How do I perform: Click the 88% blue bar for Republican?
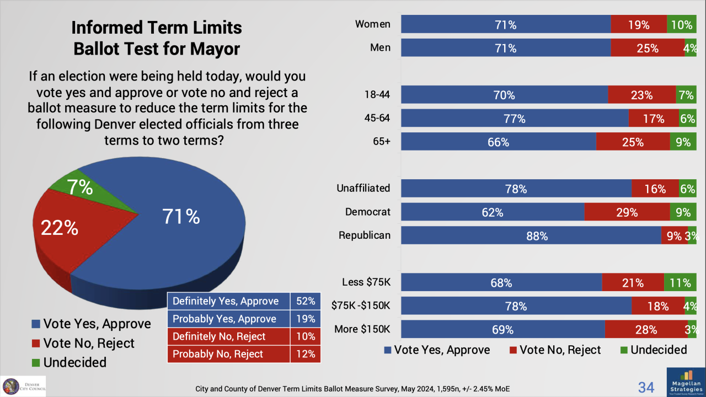(531, 235)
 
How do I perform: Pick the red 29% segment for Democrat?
(627, 212)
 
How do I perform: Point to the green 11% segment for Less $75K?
(680, 283)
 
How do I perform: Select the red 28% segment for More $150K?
(646, 330)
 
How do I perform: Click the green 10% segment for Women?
(682, 24)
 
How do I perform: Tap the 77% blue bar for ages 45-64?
(514, 118)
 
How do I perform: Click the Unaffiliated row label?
(363, 188)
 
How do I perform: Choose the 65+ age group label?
(380, 141)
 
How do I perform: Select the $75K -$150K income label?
(361, 306)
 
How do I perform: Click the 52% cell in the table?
(305, 301)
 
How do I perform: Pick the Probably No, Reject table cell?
(228, 354)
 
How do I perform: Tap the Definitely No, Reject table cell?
(228, 336)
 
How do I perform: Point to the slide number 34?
(646, 387)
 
